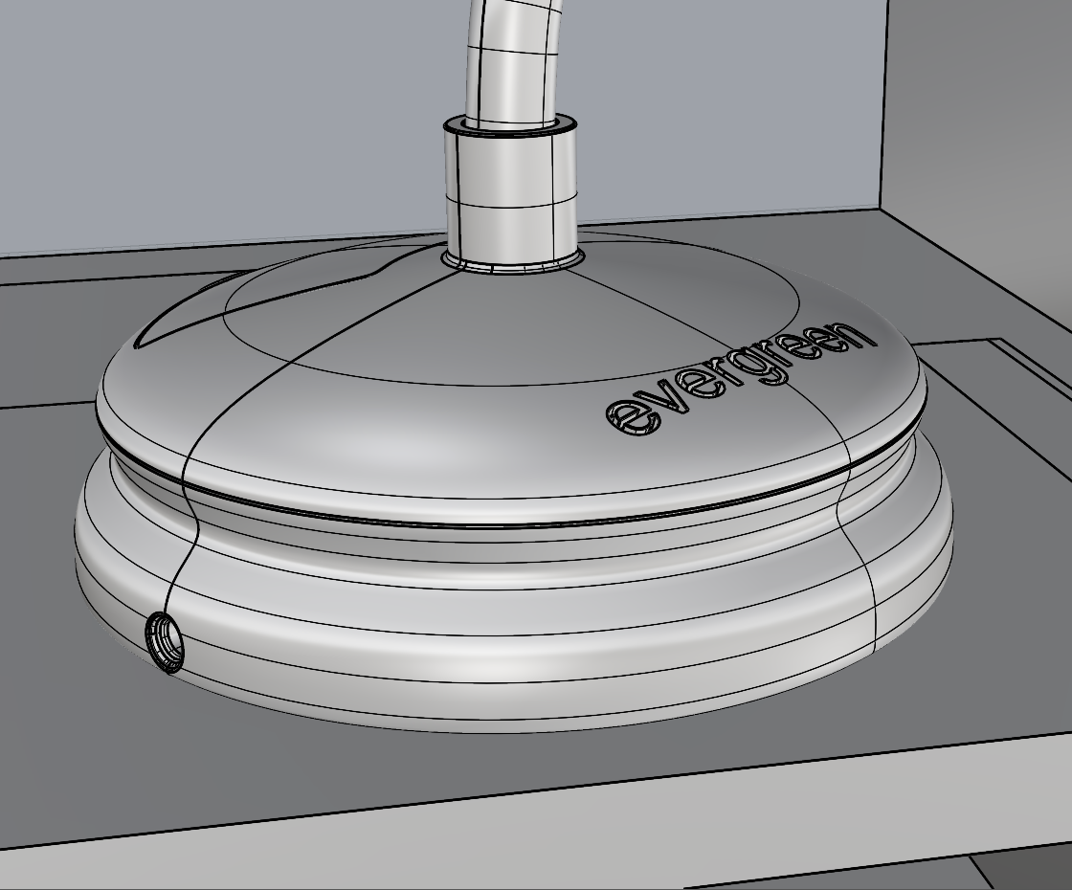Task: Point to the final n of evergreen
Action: click(x=858, y=335)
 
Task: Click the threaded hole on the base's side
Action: click(x=165, y=642)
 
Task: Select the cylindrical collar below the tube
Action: click(x=509, y=195)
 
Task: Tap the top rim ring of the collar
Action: click(x=509, y=127)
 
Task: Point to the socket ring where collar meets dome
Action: click(x=513, y=262)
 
